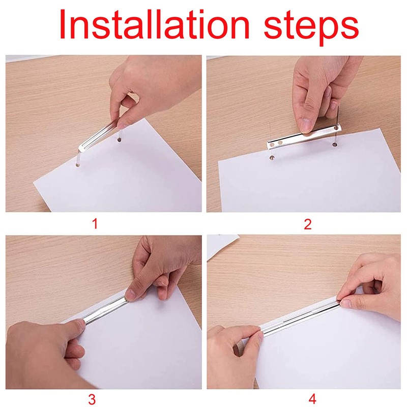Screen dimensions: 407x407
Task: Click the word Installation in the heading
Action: pos(155,24)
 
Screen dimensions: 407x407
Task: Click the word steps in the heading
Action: pos(311,28)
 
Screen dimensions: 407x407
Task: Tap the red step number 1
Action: pos(95,224)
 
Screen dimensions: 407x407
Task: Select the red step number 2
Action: pos(308,224)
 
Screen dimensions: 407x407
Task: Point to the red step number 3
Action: pos(92,399)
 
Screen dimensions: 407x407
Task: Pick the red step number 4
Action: pos(312,399)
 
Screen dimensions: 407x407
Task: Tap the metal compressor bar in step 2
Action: pos(304,137)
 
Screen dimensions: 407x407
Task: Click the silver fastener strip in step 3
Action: pos(105,310)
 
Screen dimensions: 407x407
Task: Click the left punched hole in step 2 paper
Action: pos(272,157)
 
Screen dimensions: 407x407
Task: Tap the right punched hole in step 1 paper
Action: pos(119,139)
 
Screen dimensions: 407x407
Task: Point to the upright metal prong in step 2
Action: pos(338,117)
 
